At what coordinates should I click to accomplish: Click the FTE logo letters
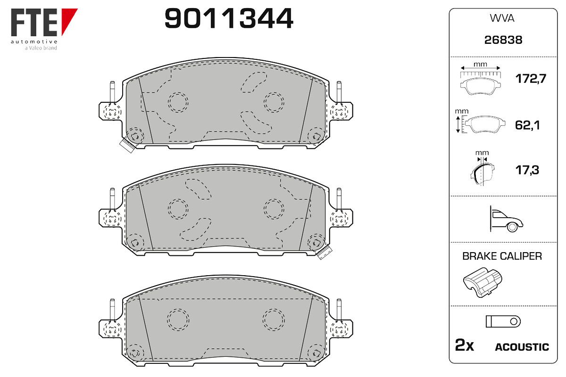pos(34,23)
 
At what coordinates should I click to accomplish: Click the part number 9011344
pos(229,18)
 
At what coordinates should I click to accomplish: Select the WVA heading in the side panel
pos(502,18)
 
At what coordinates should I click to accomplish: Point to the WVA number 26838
pos(503,40)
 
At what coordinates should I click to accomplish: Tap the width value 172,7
pos(531,79)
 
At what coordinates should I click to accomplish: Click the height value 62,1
pos(527,125)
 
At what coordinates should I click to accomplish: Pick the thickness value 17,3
pos(527,170)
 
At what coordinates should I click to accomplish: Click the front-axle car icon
pos(507,219)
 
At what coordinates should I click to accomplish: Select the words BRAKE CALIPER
pos(502,256)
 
